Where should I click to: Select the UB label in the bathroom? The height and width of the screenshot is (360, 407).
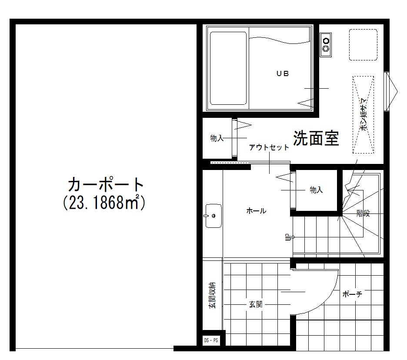tap(282, 73)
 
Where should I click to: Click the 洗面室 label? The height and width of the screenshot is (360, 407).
tap(316, 138)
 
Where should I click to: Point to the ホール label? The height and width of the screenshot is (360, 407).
tap(256, 211)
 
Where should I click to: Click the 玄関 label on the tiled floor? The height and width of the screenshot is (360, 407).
tap(255, 304)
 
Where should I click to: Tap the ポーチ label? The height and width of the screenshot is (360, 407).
tap(352, 294)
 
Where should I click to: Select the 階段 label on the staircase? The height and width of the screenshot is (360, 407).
tap(363, 213)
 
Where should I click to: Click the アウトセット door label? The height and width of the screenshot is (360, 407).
tap(269, 147)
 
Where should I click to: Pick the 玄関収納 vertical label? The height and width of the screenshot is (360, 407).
tap(212, 296)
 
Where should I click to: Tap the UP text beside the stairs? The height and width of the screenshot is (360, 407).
tap(287, 237)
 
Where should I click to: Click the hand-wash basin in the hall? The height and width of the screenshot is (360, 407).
tap(214, 215)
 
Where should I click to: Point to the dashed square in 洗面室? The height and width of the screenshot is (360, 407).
tap(363, 45)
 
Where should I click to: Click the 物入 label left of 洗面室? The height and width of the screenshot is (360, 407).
tap(217, 138)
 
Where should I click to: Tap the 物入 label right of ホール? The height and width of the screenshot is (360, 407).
tap(316, 190)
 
